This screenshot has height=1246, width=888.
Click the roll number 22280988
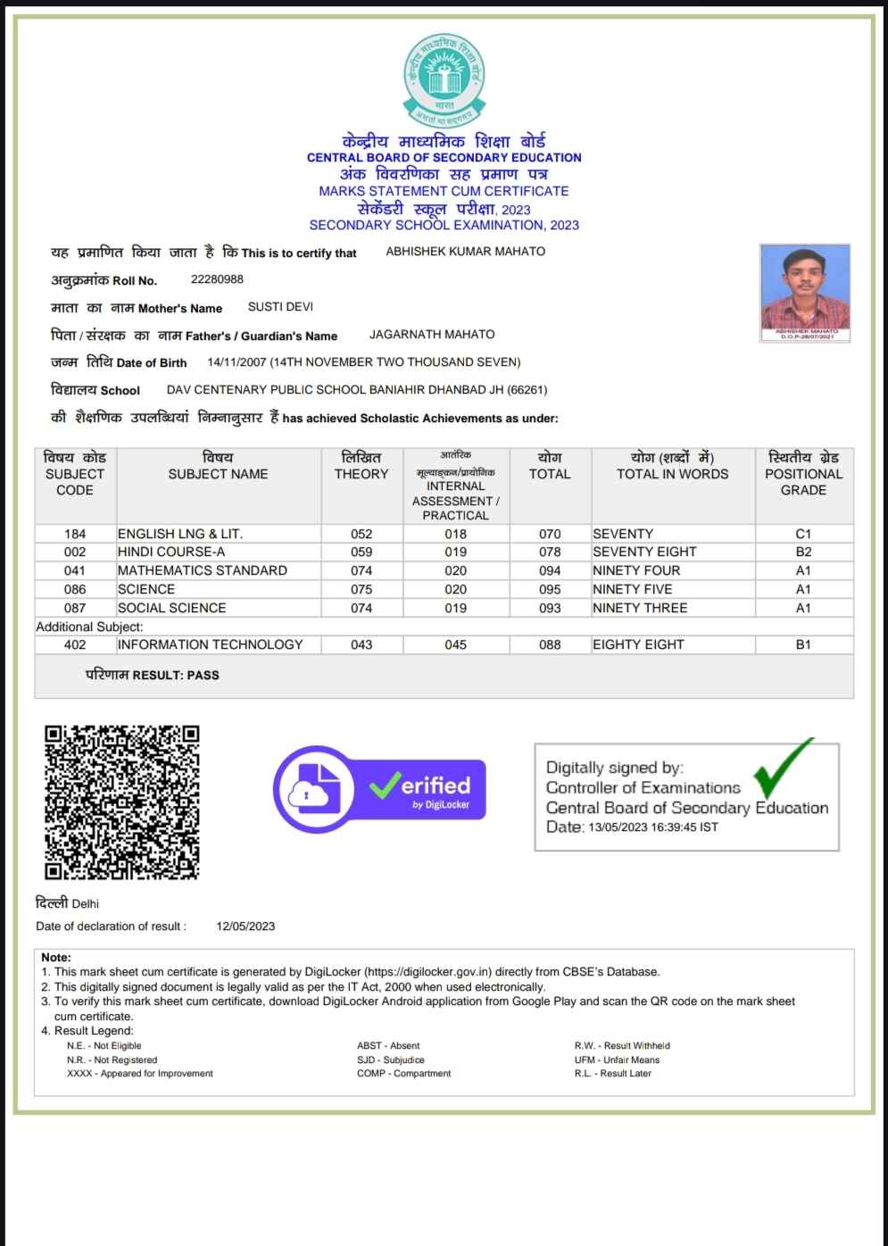click(217, 279)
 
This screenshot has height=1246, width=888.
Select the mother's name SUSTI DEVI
click(280, 307)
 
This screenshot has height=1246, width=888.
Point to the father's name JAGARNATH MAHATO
click(432, 335)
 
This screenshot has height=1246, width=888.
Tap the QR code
click(122, 802)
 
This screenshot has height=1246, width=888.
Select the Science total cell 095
click(550, 589)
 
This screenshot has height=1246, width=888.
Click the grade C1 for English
click(803, 534)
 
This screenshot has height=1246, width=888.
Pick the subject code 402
click(75, 644)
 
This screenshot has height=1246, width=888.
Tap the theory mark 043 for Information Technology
click(361, 644)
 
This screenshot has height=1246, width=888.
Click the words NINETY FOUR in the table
click(635, 570)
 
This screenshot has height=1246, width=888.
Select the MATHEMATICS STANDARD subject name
click(203, 570)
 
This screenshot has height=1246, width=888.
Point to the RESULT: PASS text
click(153, 676)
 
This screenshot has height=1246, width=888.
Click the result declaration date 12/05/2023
click(245, 926)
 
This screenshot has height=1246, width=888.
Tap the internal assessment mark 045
click(455, 644)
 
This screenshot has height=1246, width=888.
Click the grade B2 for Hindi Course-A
click(803, 552)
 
